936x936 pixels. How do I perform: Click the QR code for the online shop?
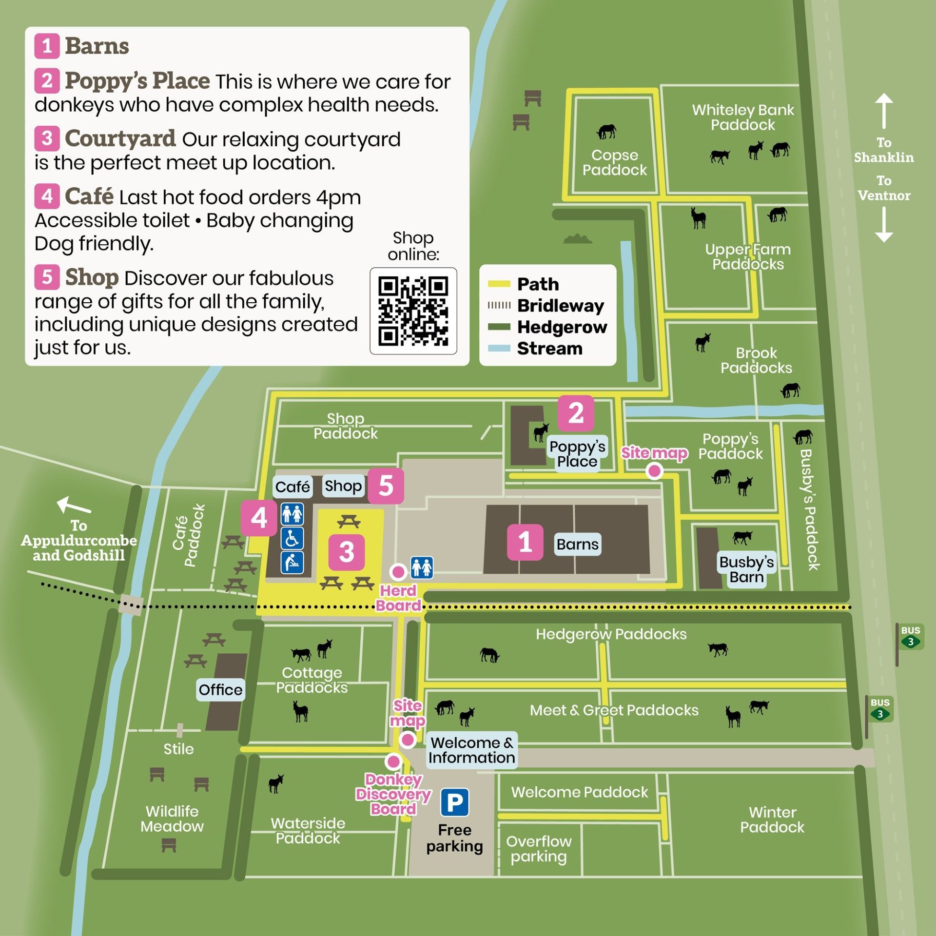pyautogui.click(x=413, y=311)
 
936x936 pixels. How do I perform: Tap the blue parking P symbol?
pyautogui.click(x=454, y=802)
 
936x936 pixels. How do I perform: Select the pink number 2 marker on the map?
pyautogui.click(x=575, y=413)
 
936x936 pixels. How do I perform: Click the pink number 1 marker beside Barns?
pyautogui.click(x=525, y=542)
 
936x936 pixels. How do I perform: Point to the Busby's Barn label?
pyautogui.click(x=746, y=569)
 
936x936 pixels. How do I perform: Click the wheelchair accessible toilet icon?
pyautogui.click(x=292, y=538)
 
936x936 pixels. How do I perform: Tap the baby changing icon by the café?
pyautogui.click(x=292, y=563)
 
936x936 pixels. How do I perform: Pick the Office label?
pyautogui.click(x=220, y=690)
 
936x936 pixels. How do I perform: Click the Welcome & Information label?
pyautogui.click(x=471, y=750)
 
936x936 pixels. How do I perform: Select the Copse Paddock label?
pyautogui.click(x=614, y=162)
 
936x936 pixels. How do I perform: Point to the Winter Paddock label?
pyautogui.click(x=772, y=819)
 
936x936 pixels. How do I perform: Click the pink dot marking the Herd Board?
pyautogui.click(x=398, y=572)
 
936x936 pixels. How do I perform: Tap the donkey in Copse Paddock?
pyautogui.click(x=606, y=132)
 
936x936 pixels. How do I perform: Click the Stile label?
pyautogui.click(x=178, y=749)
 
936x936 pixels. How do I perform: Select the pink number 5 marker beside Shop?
pyautogui.click(x=386, y=486)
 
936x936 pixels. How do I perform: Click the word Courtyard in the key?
pyautogui.click(x=120, y=138)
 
